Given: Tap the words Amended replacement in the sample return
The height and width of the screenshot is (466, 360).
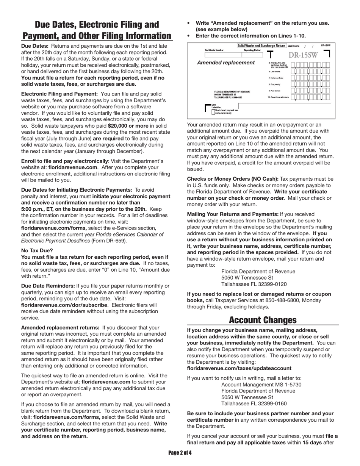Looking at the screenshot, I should point(226,63).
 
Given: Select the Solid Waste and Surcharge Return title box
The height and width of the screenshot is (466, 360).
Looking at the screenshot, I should point(261,46).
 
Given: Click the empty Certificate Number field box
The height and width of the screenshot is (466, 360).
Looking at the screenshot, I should point(214,55).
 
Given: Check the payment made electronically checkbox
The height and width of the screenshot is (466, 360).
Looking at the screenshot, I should point(213,111).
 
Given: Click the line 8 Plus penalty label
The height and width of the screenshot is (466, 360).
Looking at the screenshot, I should point(275,84).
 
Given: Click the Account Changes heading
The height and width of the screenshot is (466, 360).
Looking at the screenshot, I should point(263,320).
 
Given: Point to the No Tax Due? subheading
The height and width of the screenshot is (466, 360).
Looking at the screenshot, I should point(37,250).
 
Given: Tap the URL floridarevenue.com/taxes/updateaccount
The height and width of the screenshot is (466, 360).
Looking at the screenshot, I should point(239,368).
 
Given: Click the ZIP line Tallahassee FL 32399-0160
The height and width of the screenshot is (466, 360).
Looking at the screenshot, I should point(254,403).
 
